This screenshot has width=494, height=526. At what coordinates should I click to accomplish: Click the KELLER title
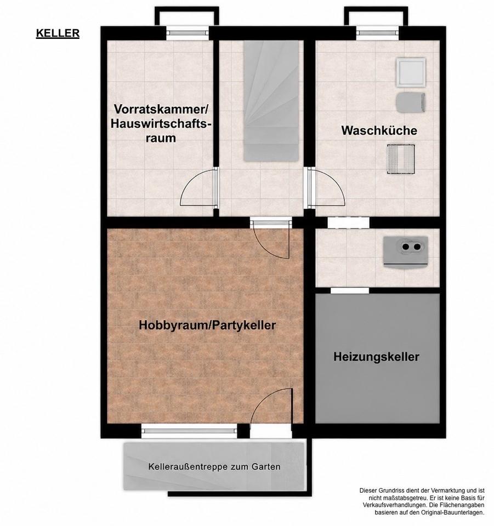pos(58,33)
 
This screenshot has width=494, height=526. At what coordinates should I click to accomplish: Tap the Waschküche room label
pos(379,130)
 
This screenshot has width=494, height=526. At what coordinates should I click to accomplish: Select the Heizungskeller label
pos(376,357)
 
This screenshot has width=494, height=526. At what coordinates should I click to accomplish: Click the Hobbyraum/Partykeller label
pos(207,325)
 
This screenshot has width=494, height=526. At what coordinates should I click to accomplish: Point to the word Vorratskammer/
pos(161,109)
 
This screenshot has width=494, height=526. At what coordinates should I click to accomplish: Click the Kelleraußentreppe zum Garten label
pos(214,467)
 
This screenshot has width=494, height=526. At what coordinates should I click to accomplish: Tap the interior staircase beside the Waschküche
pos(271,101)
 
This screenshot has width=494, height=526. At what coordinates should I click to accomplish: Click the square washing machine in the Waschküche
pos(411,72)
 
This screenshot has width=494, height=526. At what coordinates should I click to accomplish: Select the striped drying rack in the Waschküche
pos(401,159)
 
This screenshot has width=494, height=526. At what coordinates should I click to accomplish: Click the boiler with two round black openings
pos(406,251)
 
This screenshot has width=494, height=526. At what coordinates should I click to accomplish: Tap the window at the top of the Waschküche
pos(377,33)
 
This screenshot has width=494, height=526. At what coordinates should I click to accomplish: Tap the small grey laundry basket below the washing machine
pos(411,102)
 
